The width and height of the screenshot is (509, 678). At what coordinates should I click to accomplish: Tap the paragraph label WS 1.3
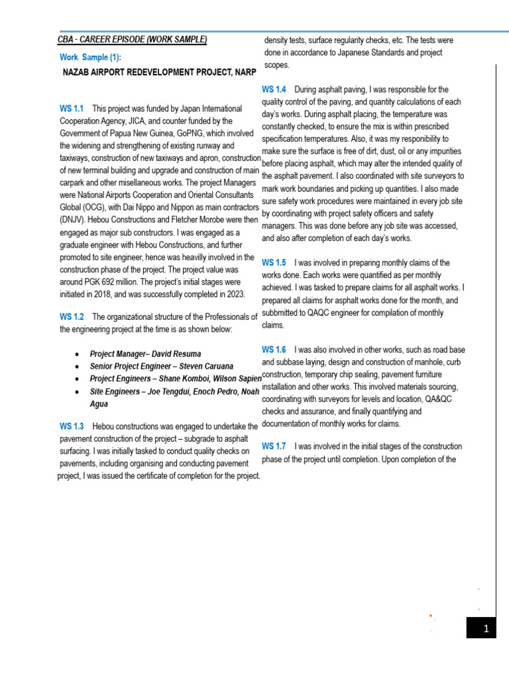[x=72, y=426]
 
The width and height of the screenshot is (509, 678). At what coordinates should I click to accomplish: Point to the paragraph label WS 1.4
[x=274, y=89]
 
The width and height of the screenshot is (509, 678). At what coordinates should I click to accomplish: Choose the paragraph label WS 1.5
[x=274, y=263]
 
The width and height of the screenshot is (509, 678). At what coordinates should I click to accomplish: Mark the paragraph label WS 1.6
[x=274, y=349]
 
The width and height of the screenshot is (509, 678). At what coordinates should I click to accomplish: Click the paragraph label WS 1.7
[x=274, y=446]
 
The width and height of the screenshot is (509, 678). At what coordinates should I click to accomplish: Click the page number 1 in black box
[x=485, y=628]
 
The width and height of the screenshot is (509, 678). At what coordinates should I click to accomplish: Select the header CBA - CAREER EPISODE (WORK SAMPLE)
[x=132, y=40]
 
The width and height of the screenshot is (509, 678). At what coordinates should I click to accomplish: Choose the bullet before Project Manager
[x=79, y=354]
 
